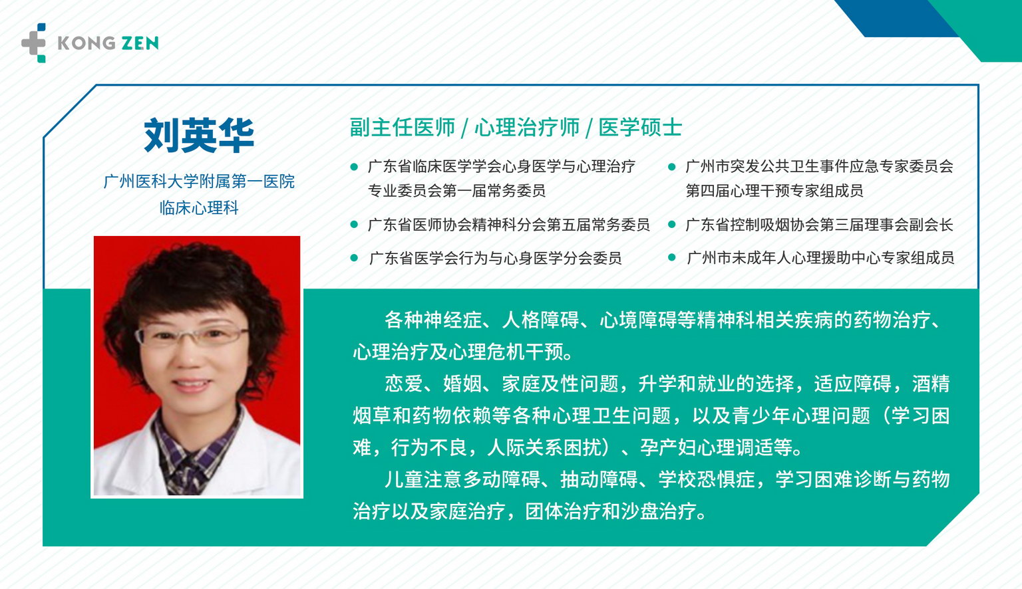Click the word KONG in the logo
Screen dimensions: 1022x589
click(x=86, y=43)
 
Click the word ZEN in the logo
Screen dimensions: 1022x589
click(x=140, y=43)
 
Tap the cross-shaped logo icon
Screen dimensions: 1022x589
click(x=34, y=43)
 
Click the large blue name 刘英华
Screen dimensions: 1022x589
click(x=199, y=135)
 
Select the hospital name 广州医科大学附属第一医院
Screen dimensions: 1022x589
click(x=199, y=181)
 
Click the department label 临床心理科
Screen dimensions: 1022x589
click(x=199, y=208)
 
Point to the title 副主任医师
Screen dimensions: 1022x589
click(x=403, y=127)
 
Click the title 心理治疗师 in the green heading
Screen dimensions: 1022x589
click(x=527, y=127)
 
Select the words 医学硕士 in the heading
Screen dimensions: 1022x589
click(x=641, y=127)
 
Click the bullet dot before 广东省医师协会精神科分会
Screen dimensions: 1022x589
click(x=354, y=224)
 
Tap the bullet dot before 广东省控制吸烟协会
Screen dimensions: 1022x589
click(x=671, y=224)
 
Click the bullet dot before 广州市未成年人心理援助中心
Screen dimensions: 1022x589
click(x=671, y=257)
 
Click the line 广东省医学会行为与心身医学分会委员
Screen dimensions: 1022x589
click(x=495, y=258)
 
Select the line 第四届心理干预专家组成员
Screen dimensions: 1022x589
click(x=774, y=191)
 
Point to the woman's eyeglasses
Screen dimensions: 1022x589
click(x=192, y=336)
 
